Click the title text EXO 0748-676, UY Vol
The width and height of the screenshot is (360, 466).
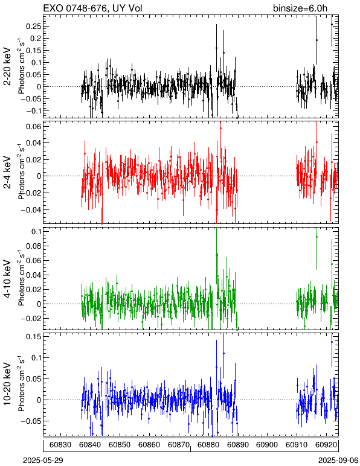click(92, 8)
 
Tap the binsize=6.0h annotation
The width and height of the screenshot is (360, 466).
click(300, 8)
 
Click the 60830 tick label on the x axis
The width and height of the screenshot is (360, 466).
click(60, 445)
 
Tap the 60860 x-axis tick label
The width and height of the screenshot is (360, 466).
click(149, 445)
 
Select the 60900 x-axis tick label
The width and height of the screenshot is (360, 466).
click(267, 445)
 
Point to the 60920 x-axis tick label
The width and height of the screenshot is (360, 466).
click(326, 445)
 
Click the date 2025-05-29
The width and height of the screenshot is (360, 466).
click(43, 461)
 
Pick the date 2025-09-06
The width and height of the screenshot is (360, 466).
click(338, 461)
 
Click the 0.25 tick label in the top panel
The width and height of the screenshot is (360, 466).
click(33, 26)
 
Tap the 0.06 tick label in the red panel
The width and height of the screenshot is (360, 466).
click(33, 126)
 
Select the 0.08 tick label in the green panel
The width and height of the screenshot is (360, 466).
click(33, 246)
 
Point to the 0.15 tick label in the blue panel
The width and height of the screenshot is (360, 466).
click(33, 336)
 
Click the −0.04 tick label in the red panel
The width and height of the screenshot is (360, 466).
click(31, 209)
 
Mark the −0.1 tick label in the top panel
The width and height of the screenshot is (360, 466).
click(33, 110)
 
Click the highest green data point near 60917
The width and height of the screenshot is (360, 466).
click(317, 237)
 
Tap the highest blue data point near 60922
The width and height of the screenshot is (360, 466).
click(332, 342)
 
